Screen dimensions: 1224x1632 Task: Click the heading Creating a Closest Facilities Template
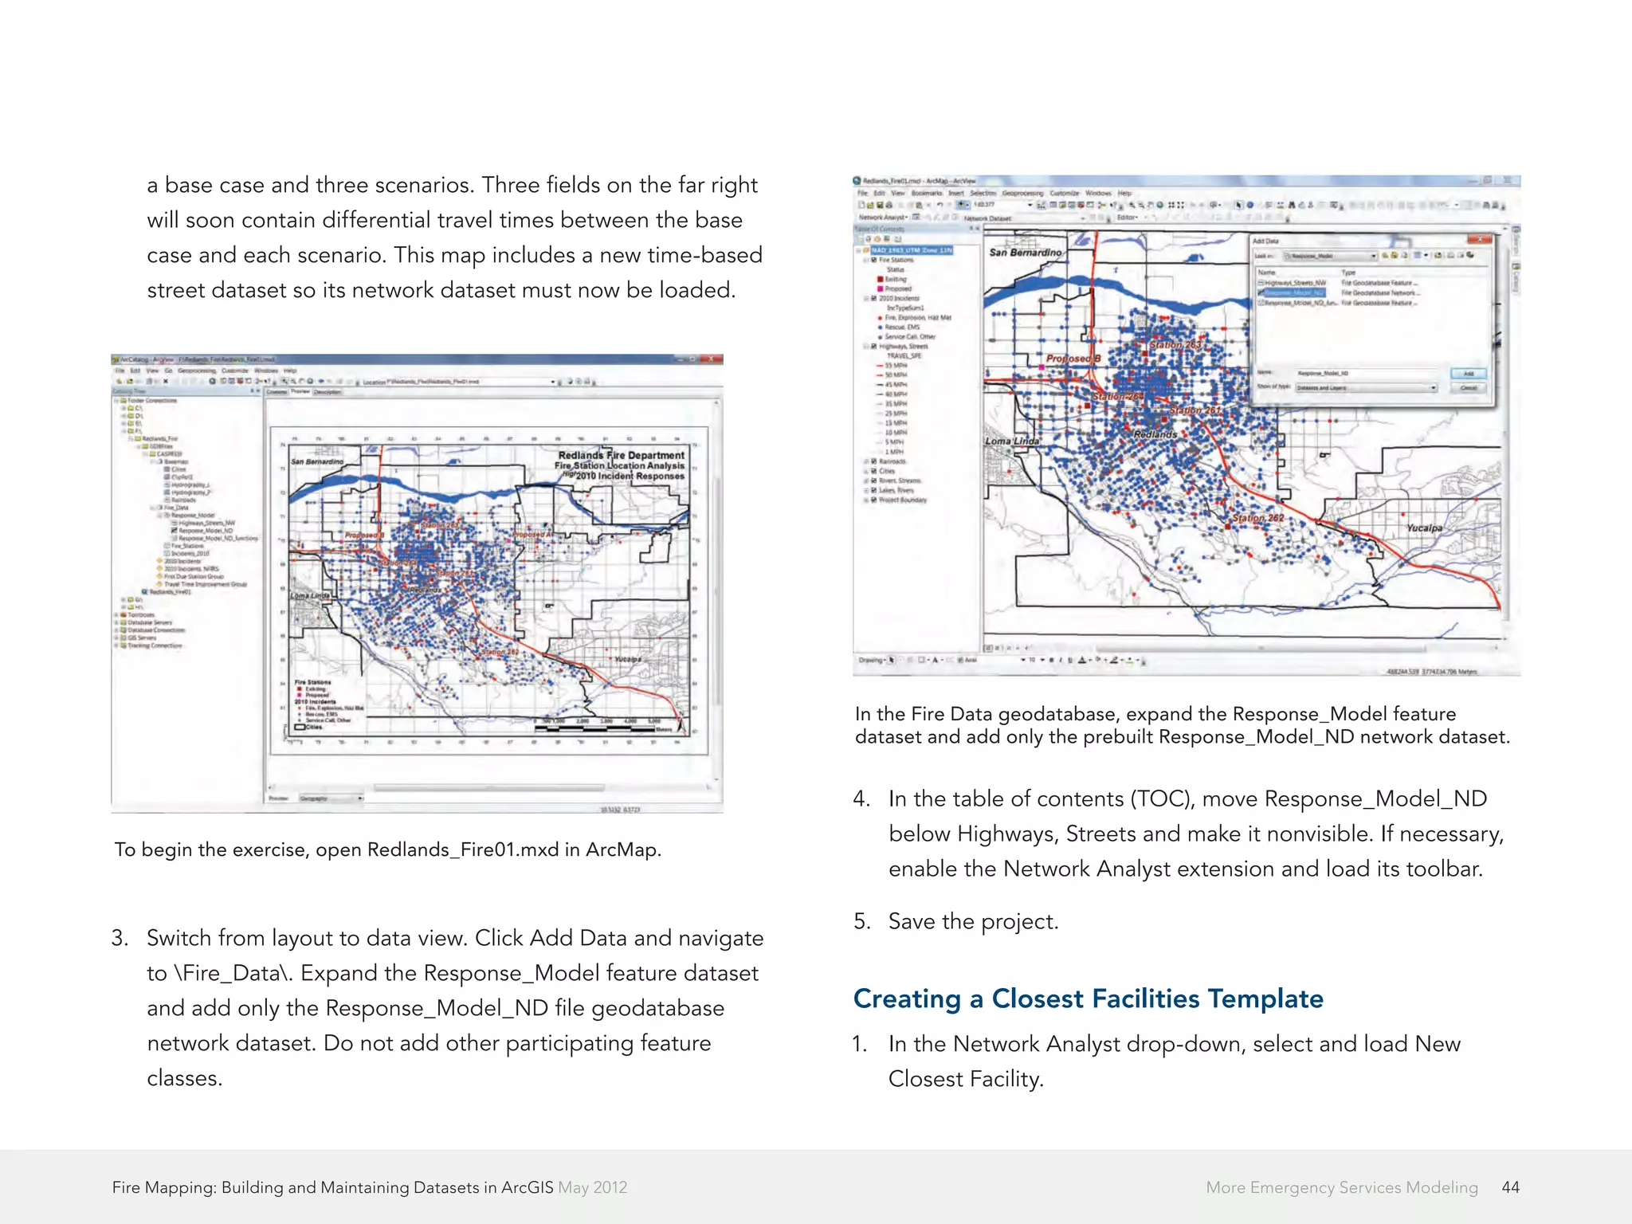(1088, 998)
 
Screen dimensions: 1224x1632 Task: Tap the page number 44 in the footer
(1509, 1187)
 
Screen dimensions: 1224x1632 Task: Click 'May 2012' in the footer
(592, 1187)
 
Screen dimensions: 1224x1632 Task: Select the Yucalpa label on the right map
(1424, 528)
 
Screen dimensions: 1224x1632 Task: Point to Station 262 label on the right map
(1258, 518)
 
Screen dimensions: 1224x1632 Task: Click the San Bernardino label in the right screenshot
(1025, 253)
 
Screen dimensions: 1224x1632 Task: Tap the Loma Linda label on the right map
(1012, 441)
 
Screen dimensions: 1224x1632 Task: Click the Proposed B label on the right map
(1073, 359)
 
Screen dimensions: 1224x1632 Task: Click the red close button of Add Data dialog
(1479, 240)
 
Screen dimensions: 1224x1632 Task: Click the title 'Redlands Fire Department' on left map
(621, 455)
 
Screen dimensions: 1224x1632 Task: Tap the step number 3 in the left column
(120, 938)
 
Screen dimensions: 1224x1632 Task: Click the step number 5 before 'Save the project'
(861, 921)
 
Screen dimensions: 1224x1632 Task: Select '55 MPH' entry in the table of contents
(896, 366)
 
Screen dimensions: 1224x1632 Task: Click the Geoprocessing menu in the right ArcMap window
(1022, 193)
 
